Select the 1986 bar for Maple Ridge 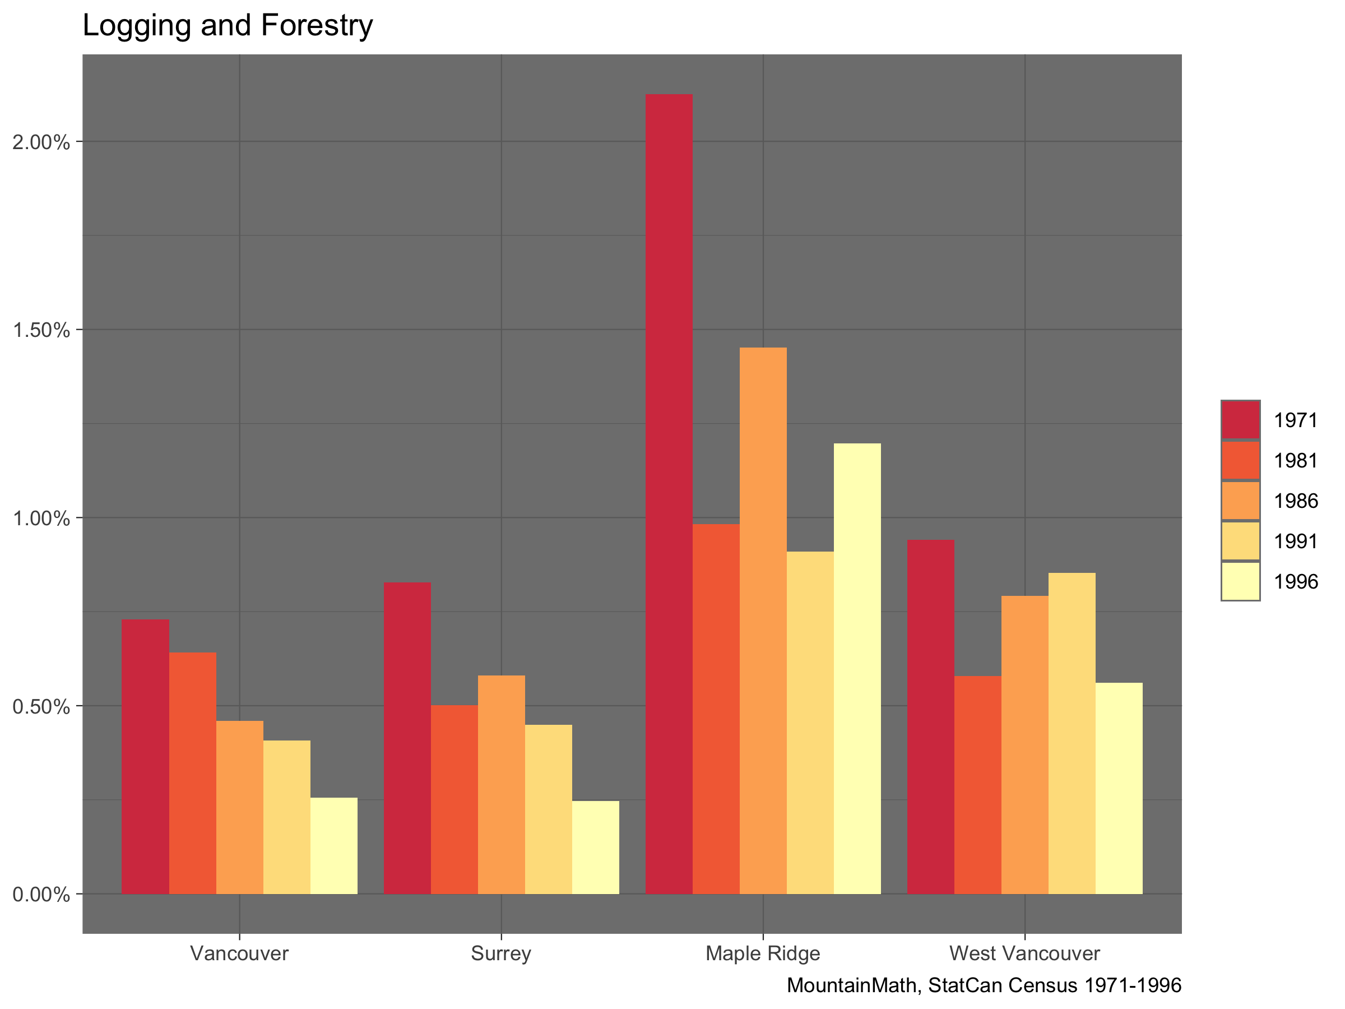tap(763, 621)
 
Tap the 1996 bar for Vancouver tap(334, 845)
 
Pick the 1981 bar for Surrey tap(454, 799)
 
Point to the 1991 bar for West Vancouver tap(1072, 733)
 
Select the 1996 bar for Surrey tap(595, 847)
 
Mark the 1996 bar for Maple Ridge tap(857, 668)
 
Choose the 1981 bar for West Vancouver tap(977, 785)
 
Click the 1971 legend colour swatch tap(1240, 420)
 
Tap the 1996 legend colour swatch tap(1240, 581)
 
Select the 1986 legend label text tap(1296, 501)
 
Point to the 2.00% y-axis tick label tap(41, 142)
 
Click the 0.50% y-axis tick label tap(41, 707)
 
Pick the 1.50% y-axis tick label tap(41, 330)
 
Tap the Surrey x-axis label tap(500, 953)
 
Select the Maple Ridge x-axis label tap(763, 953)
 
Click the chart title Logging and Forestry tap(228, 26)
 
